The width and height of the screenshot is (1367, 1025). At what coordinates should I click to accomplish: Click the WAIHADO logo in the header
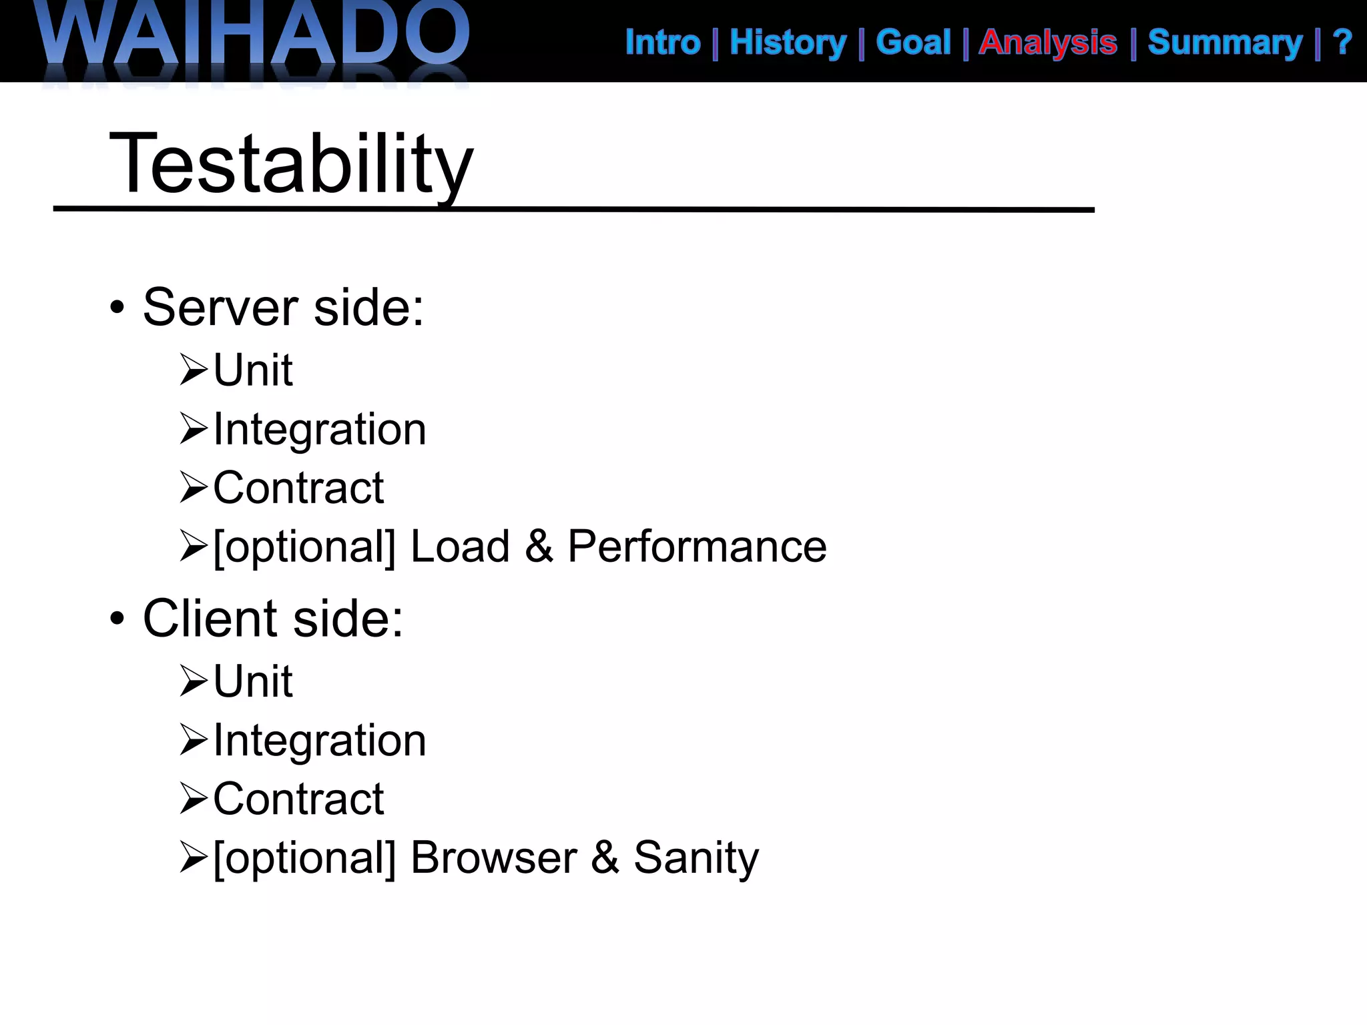(x=254, y=37)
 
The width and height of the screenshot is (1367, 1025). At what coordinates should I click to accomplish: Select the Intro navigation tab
(x=663, y=43)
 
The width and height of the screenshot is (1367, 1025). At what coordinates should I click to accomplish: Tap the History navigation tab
(x=788, y=43)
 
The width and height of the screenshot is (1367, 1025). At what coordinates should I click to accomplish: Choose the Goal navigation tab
(x=913, y=43)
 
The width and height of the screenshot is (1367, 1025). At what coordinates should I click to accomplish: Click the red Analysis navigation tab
(x=1048, y=43)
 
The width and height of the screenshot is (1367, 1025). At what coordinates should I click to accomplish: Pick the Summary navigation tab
(x=1225, y=43)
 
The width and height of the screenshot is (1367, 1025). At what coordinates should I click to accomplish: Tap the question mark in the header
(x=1342, y=43)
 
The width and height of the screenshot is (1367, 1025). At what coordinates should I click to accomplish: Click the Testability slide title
(x=291, y=163)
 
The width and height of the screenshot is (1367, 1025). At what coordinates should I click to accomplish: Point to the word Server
(x=220, y=308)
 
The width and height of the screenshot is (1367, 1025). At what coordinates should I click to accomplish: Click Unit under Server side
(x=253, y=370)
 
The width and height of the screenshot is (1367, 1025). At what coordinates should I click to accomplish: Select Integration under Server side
(x=320, y=429)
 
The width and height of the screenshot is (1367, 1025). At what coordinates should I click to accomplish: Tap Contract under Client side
(x=298, y=799)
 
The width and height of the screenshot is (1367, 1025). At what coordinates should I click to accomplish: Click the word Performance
(x=697, y=547)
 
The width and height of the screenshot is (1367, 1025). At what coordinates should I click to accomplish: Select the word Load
(x=460, y=547)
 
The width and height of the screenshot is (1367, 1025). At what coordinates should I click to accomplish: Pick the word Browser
(x=493, y=858)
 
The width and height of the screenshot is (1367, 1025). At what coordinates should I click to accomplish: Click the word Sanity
(x=696, y=858)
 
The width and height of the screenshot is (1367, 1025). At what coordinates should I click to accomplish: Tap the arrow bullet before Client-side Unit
(x=194, y=681)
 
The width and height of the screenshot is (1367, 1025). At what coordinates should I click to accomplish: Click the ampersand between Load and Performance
(x=539, y=547)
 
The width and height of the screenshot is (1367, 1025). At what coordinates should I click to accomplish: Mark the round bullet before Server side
(x=117, y=308)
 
